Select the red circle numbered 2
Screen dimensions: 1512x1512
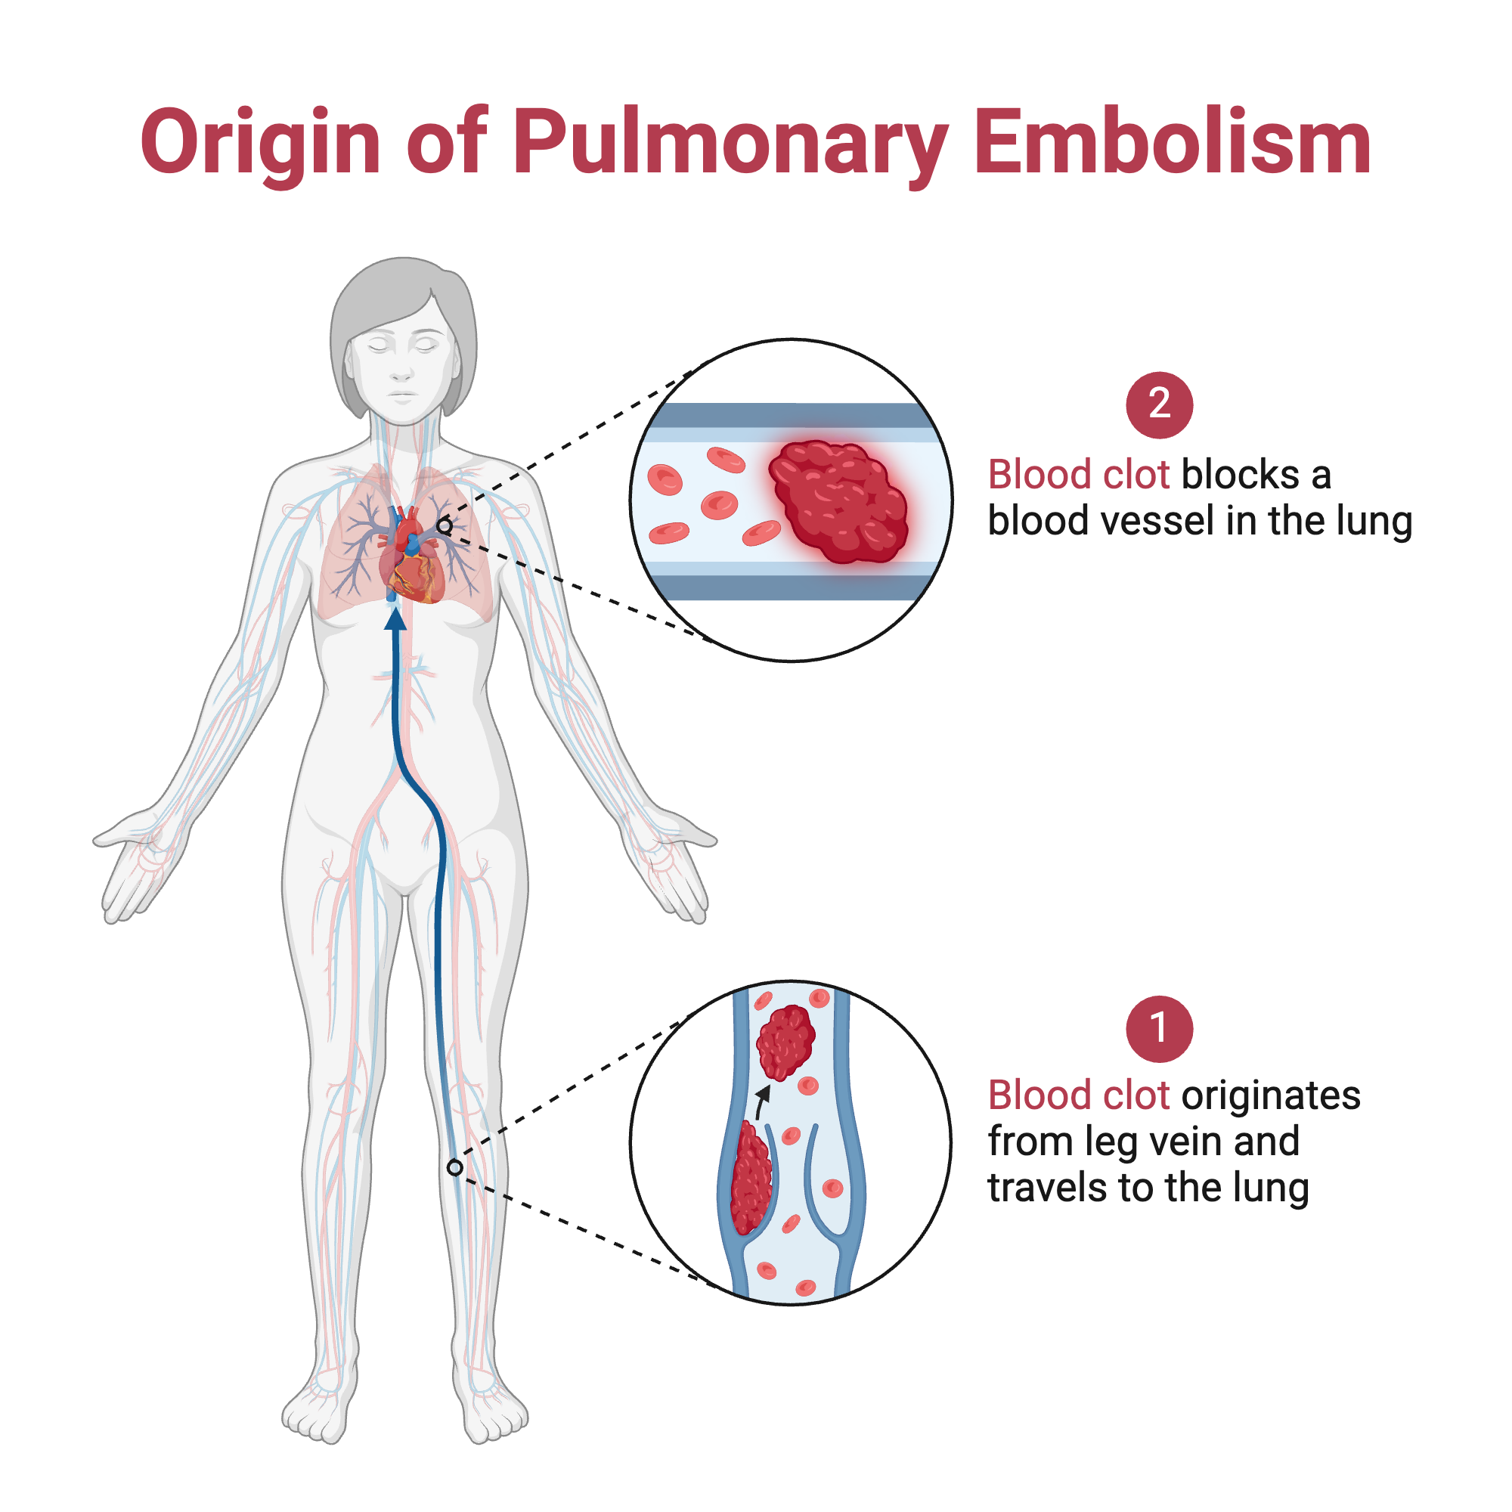(1159, 404)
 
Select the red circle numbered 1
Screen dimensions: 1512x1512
(1159, 1028)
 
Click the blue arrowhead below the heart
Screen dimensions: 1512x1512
(396, 618)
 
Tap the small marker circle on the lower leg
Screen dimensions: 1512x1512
(454, 1168)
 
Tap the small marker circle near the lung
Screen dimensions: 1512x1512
(445, 526)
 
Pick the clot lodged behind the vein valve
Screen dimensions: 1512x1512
(750, 1179)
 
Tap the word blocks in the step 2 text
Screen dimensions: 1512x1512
(1240, 475)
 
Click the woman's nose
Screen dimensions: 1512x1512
(401, 368)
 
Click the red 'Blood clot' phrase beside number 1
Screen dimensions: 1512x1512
(1079, 1095)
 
